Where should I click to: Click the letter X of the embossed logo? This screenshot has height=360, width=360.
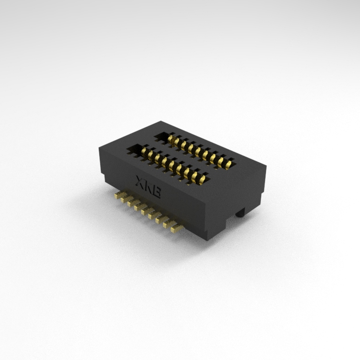point(140,181)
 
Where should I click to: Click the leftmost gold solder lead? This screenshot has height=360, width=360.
point(119,195)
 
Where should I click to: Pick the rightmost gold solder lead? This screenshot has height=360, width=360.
point(177,228)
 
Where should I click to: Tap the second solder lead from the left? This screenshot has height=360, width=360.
point(126,199)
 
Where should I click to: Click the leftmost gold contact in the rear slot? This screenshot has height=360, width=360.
point(170,139)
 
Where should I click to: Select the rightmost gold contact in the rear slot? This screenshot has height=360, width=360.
point(228,165)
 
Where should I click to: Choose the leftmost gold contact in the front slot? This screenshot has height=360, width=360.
point(144,152)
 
